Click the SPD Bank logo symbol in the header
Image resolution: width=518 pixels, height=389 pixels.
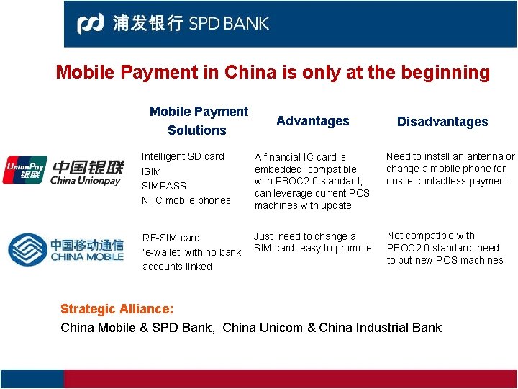tap(91, 24)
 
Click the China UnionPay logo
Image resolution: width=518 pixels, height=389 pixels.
tap(63, 170)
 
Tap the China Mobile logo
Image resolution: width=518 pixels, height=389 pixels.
tap(65, 249)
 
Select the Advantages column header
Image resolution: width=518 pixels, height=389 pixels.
tap(312, 121)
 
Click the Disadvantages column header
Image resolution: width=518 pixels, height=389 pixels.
tap(442, 122)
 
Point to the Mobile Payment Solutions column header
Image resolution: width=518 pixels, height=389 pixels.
tap(198, 120)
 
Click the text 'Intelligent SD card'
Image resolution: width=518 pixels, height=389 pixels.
tap(183, 156)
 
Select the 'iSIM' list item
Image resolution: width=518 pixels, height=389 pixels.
tap(151, 171)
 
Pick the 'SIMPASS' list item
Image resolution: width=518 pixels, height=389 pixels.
tap(164, 186)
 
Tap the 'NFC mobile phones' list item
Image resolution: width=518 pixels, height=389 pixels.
tap(186, 200)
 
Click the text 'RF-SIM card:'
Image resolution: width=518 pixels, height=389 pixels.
tap(172, 238)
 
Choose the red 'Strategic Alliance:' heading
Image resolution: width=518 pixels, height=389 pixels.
tap(117, 309)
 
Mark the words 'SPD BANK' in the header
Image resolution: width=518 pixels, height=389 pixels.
tap(229, 24)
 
